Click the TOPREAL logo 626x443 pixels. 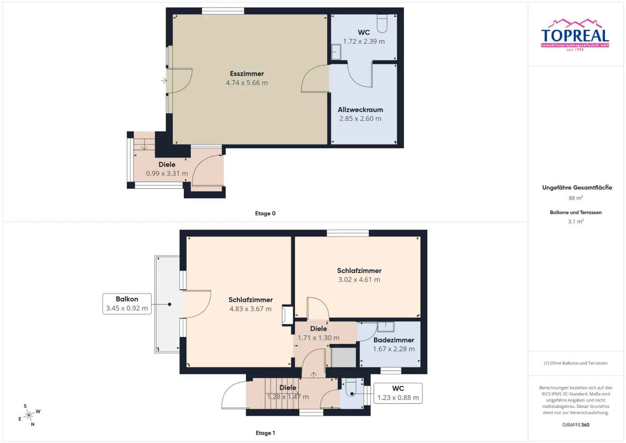click(x=575, y=35)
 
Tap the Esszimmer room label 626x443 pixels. click(x=247, y=74)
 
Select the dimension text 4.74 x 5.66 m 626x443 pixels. click(x=247, y=83)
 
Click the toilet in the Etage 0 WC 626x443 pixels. click(x=382, y=24)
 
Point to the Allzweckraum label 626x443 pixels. click(x=360, y=110)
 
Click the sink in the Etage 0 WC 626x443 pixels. click(x=336, y=52)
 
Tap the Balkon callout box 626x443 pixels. click(x=127, y=304)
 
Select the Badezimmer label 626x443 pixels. click(x=393, y=340)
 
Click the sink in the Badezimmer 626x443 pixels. click(x=386, y=327)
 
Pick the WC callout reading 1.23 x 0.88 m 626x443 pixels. click(x=398, y=393)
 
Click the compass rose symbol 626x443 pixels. click(x=29, y=415)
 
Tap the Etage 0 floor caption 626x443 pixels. click(x=265, y=213)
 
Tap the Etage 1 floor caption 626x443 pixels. click(x=265, y=433)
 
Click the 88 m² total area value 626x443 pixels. click(x=576, y=198)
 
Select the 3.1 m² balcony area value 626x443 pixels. click(x=576, y=221)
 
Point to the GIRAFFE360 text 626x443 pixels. click(x=576, y=425)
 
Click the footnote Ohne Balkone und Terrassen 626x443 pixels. click(x=576, y=363)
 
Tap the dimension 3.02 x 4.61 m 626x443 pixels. click(x=359, y=280)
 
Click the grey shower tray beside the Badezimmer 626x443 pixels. click(x=344, y=357)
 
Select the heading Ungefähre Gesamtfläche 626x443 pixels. click(x=577, y=187)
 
